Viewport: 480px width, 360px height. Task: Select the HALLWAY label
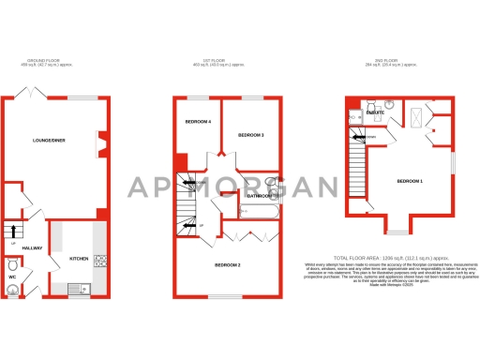pyautogui.click(x=33, y=247)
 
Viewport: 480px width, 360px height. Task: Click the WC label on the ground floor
pyautogui.click(x=12, y=277)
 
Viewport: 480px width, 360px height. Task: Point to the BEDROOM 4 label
pyautogui.click(x=197, y=122)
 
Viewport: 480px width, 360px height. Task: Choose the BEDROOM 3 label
pyautogui.click(x=250, y=136)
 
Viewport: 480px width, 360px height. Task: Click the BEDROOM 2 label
pyautogui.click(x=229, y=265)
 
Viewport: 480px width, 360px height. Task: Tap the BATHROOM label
pyautogui.click(x=259, y=196)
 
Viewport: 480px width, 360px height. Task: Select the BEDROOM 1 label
pyautogui.click(x=409, y=180)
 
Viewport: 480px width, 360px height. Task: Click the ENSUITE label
pyautogui.click(x=375, y=112)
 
